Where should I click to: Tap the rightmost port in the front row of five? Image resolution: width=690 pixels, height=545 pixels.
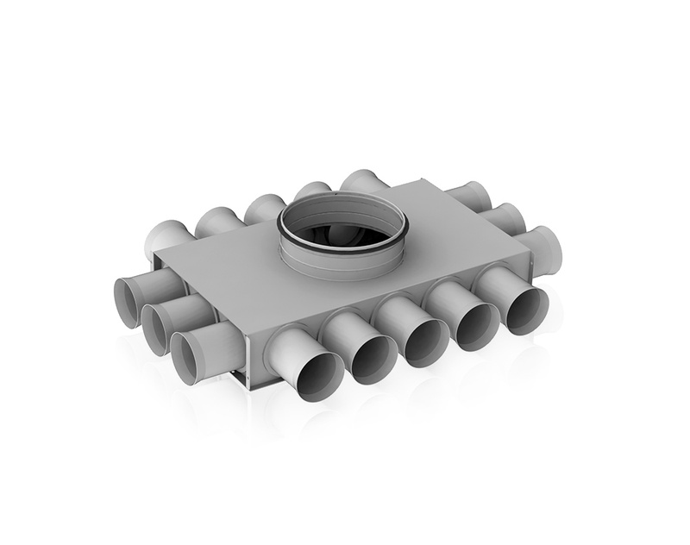click(525, 310)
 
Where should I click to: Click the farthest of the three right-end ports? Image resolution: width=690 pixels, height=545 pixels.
click(470, 197)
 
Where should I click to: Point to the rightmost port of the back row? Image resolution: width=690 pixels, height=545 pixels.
click(361, 181)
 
